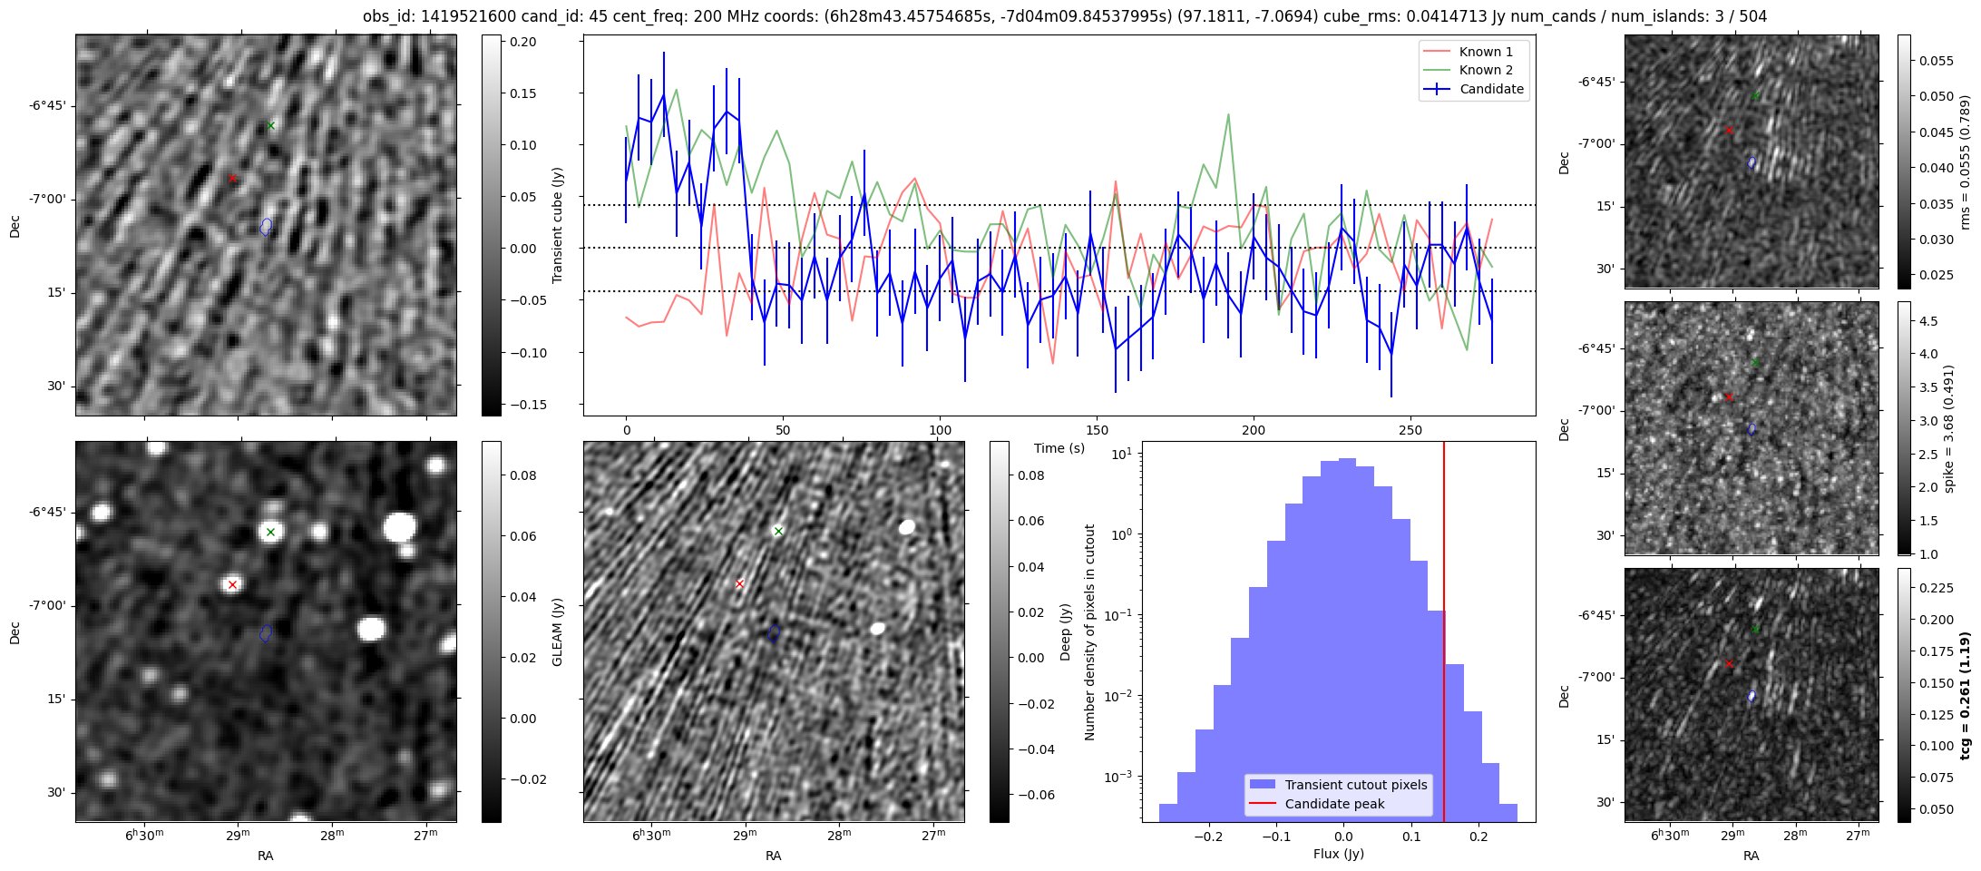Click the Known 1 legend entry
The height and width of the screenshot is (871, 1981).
click(x=1486, y=52)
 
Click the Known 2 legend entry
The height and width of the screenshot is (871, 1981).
click(x=1486, y=70)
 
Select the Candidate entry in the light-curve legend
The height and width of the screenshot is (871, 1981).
click(x=1491, y=89)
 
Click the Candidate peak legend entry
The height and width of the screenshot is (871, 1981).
click(x=1334, y=804)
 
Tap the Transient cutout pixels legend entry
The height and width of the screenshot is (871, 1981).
click(x=1355, y=785)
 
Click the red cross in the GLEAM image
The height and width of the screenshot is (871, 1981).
click(x=233, y=584)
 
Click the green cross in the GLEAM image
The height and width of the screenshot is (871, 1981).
click(x=270, y=532)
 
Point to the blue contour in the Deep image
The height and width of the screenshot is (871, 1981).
click(x=774, y=634)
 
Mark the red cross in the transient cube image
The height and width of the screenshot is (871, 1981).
click(x=233, y=179)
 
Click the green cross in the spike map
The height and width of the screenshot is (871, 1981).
click(x=1755, y=362)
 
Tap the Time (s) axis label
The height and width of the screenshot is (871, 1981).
click(x=1059, y=448)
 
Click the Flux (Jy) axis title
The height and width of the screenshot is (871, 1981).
click(x=1338, y=854)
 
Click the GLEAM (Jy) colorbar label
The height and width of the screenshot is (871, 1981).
click(x=557, y=631)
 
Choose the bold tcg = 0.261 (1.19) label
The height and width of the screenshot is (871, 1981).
click(x=1965, y=696)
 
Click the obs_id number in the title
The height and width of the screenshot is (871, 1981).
click(x=454, y=16)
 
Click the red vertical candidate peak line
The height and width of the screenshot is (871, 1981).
click(x=1444, y=635)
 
